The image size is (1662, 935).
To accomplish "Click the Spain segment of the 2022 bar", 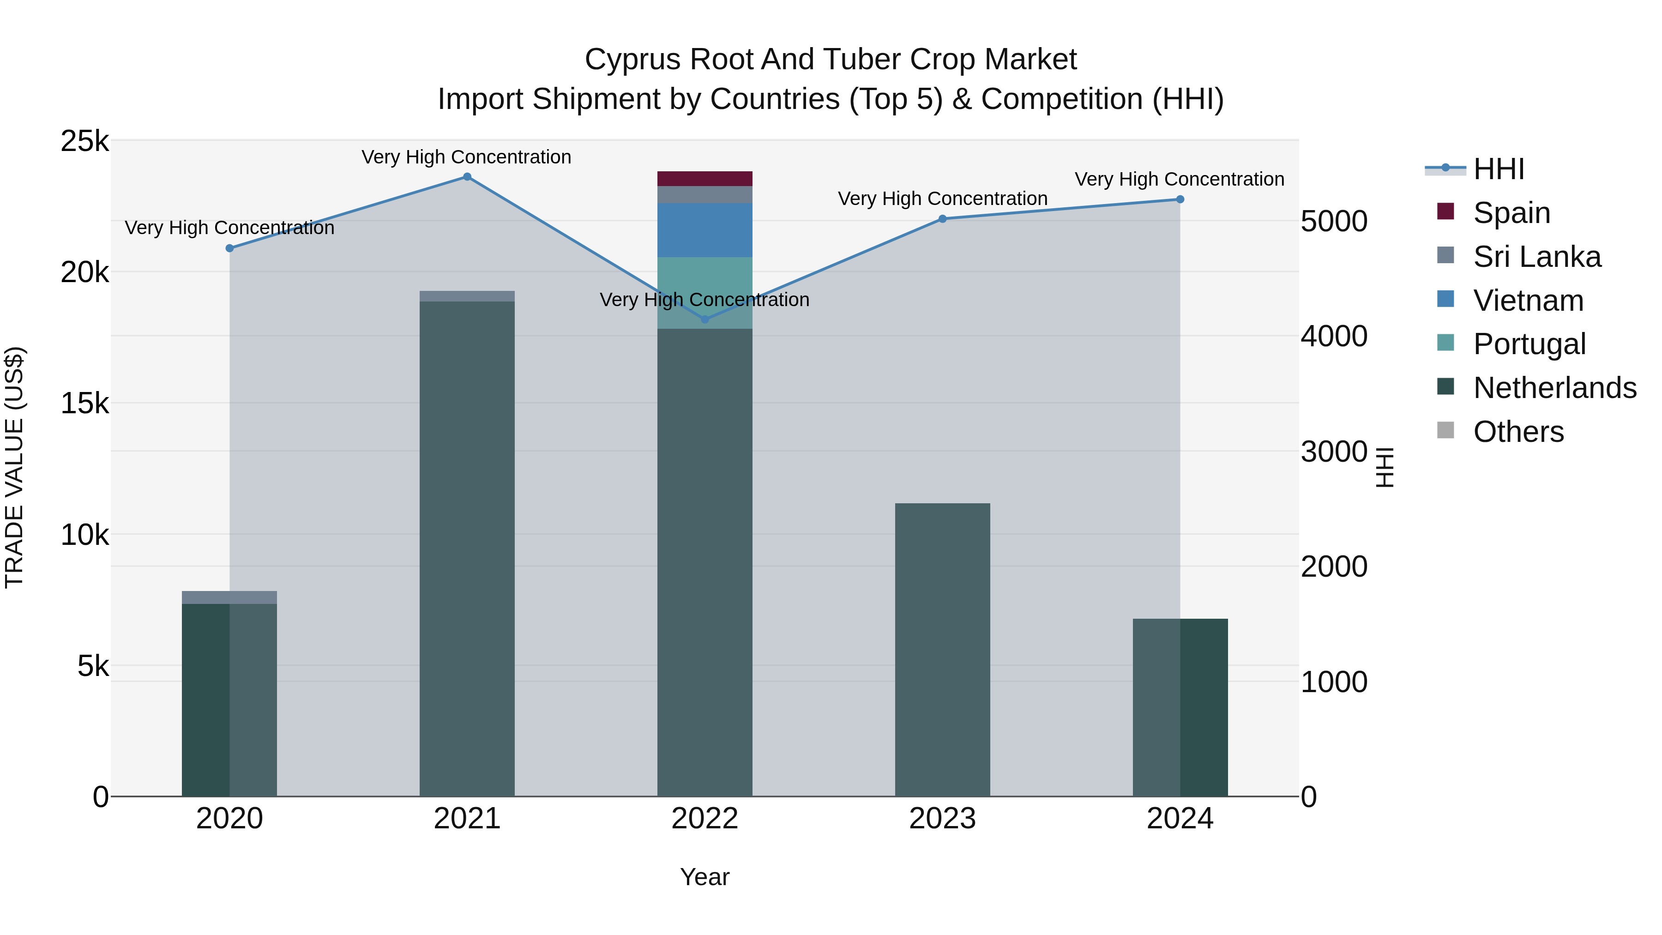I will [x=705, y=179].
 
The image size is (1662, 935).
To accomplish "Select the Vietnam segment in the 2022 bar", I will [x=705, y=230].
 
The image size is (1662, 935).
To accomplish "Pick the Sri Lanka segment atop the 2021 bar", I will [x=467, y=296].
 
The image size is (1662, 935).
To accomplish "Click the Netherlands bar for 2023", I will [x=942, y=649].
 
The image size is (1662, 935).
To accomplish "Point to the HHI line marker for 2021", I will [x=467, y=177].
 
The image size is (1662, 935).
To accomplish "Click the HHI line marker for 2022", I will [x=705, y=320].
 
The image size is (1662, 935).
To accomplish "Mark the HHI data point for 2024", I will [x=1180, y=199].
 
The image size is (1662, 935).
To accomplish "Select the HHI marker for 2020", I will [x=230, y=248].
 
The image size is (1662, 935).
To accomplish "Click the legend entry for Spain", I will [x=1511, y=213].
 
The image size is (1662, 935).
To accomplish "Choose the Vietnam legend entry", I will [x=1528, y=301].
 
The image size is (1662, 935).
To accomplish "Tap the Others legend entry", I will [x=1518, y=432].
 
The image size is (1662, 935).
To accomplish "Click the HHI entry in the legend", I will [x=1498, y=169].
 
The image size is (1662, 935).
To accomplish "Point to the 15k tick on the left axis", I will [x=84, y=404].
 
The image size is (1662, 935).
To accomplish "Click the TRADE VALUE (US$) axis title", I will [x=14, y=467].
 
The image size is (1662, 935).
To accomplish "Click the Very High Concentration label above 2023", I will [x=942, y=199].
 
